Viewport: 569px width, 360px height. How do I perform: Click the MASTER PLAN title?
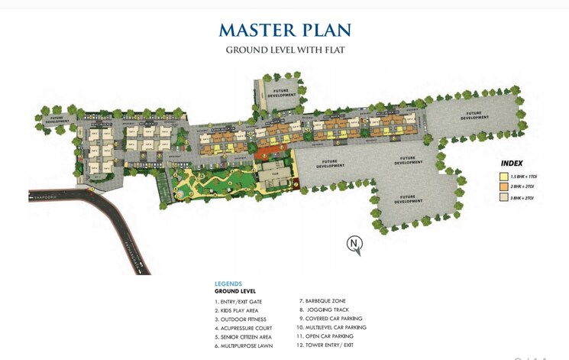tap(284, 30)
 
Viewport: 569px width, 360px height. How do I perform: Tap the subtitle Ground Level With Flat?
tap(284, 50)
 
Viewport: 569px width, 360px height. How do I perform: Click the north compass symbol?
tap(354, 244)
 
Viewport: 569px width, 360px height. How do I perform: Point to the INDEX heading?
tap(512, 164)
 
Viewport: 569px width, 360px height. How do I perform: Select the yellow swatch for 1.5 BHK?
tap(504, 176)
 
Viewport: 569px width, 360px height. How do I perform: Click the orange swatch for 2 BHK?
tap(504, 186)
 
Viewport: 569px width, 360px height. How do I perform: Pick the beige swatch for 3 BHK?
tap(504, 197)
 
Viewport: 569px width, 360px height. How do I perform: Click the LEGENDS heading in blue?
tap(228, 284)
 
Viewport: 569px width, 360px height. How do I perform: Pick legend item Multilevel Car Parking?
tap(331, 327)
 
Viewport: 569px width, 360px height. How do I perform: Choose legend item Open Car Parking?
tap(326, 336)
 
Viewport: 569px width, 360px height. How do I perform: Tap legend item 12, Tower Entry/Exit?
tap(327, 345)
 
